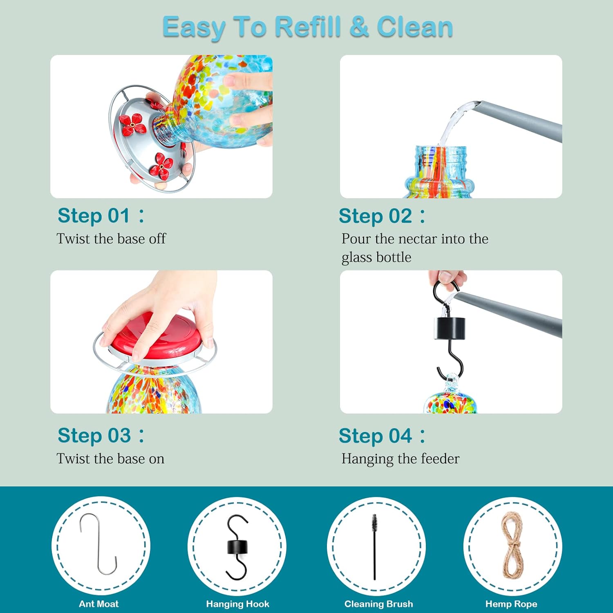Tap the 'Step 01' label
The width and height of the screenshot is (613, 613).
coord(94,215)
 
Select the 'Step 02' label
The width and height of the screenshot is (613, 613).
coord(375,216)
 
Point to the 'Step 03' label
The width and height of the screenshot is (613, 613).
coord(94,435)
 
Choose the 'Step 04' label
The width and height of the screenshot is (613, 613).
coord(375,436)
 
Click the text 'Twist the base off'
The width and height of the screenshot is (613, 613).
coord(111,239)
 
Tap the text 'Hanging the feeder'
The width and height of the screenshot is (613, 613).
coord(400,459)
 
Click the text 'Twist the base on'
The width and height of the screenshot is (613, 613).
coord(110,459)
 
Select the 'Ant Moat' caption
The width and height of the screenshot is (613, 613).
coord(99,604)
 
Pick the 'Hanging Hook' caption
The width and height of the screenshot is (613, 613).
coord(237,604)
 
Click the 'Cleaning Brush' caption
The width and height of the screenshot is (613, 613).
coord(378,604)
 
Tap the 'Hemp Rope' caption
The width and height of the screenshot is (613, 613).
coord(511,604)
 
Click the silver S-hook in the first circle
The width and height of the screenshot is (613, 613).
coord(98,544)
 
